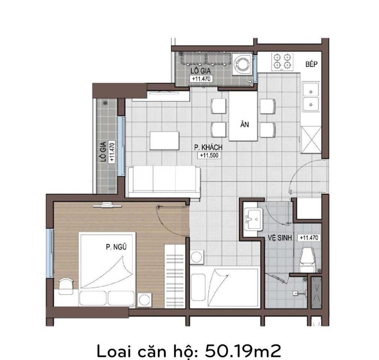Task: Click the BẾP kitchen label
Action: pyautogui.click(x=311, y=64)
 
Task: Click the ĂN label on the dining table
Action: pyautogui.click(x=244, y=125)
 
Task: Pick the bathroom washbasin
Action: pyautogui.click(x=252, y=218)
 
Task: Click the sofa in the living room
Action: pyautogui.click(x=164, y=181)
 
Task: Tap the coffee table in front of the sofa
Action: pyautogui.click(x=164, y=141)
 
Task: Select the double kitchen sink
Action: pyautogui.click(x=311, y=97)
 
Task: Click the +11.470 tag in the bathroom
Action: pyautogui.click(x=308, y=238)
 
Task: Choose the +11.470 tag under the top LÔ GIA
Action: pyautogui.click(x=202, y=79)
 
